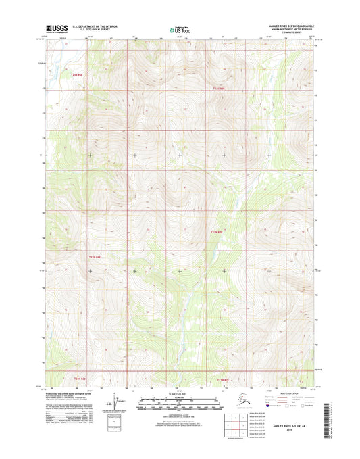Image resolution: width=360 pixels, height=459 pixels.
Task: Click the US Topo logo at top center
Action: pyautogui.click(x=178, y=30)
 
